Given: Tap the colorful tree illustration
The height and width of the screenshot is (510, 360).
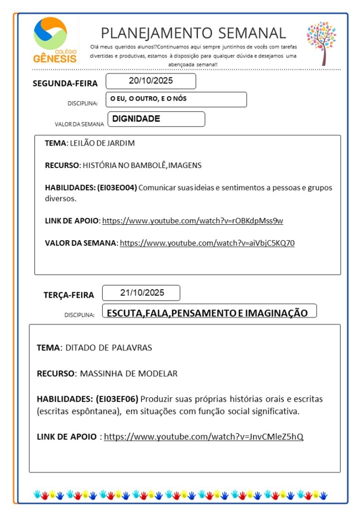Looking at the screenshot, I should click(321, 42).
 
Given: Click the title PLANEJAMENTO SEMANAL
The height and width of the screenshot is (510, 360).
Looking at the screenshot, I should click(193, 33).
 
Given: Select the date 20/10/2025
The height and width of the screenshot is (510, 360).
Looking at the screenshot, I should click(151, 81).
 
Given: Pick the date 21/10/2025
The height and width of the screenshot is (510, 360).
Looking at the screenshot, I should click(142, 293).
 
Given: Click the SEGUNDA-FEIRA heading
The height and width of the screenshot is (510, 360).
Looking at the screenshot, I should click(65, 83).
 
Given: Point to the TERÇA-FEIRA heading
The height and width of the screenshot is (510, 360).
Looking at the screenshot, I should click(68, 295).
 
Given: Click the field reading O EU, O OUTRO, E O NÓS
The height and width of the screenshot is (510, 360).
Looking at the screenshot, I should click(149, 99).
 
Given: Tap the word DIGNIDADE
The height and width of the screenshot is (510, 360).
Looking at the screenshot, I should click(136, 119).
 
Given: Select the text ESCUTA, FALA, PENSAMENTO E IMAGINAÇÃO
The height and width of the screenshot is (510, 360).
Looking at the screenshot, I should click(207, 313).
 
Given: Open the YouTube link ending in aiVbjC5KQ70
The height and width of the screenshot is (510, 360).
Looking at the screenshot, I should click(207, 243).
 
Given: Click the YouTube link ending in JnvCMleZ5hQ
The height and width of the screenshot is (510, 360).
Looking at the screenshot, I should click(203, 437).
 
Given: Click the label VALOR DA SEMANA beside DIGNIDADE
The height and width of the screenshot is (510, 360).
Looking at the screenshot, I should click(79, 124).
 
